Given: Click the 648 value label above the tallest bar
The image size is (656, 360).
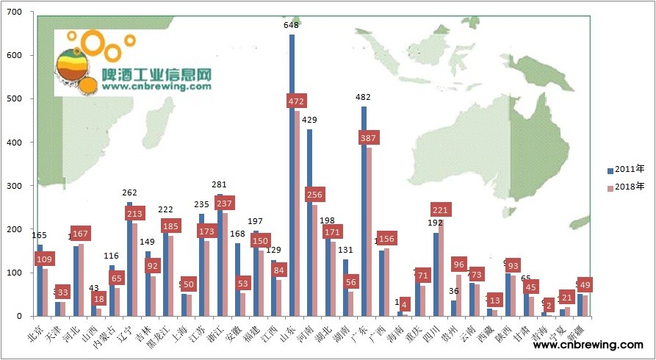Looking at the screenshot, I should [x=292, y=25].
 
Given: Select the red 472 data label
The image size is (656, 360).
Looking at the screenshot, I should [x=298, y=101].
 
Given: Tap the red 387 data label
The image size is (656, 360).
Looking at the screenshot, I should [x=369, y=138].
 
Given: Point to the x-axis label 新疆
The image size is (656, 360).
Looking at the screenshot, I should [x=577, y=331].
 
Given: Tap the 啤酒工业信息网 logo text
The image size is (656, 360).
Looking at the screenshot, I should [x=156, y=75].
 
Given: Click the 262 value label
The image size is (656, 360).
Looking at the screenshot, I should [x=129, y=193].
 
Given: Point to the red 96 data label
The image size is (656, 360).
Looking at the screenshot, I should [x=459, y=264].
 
